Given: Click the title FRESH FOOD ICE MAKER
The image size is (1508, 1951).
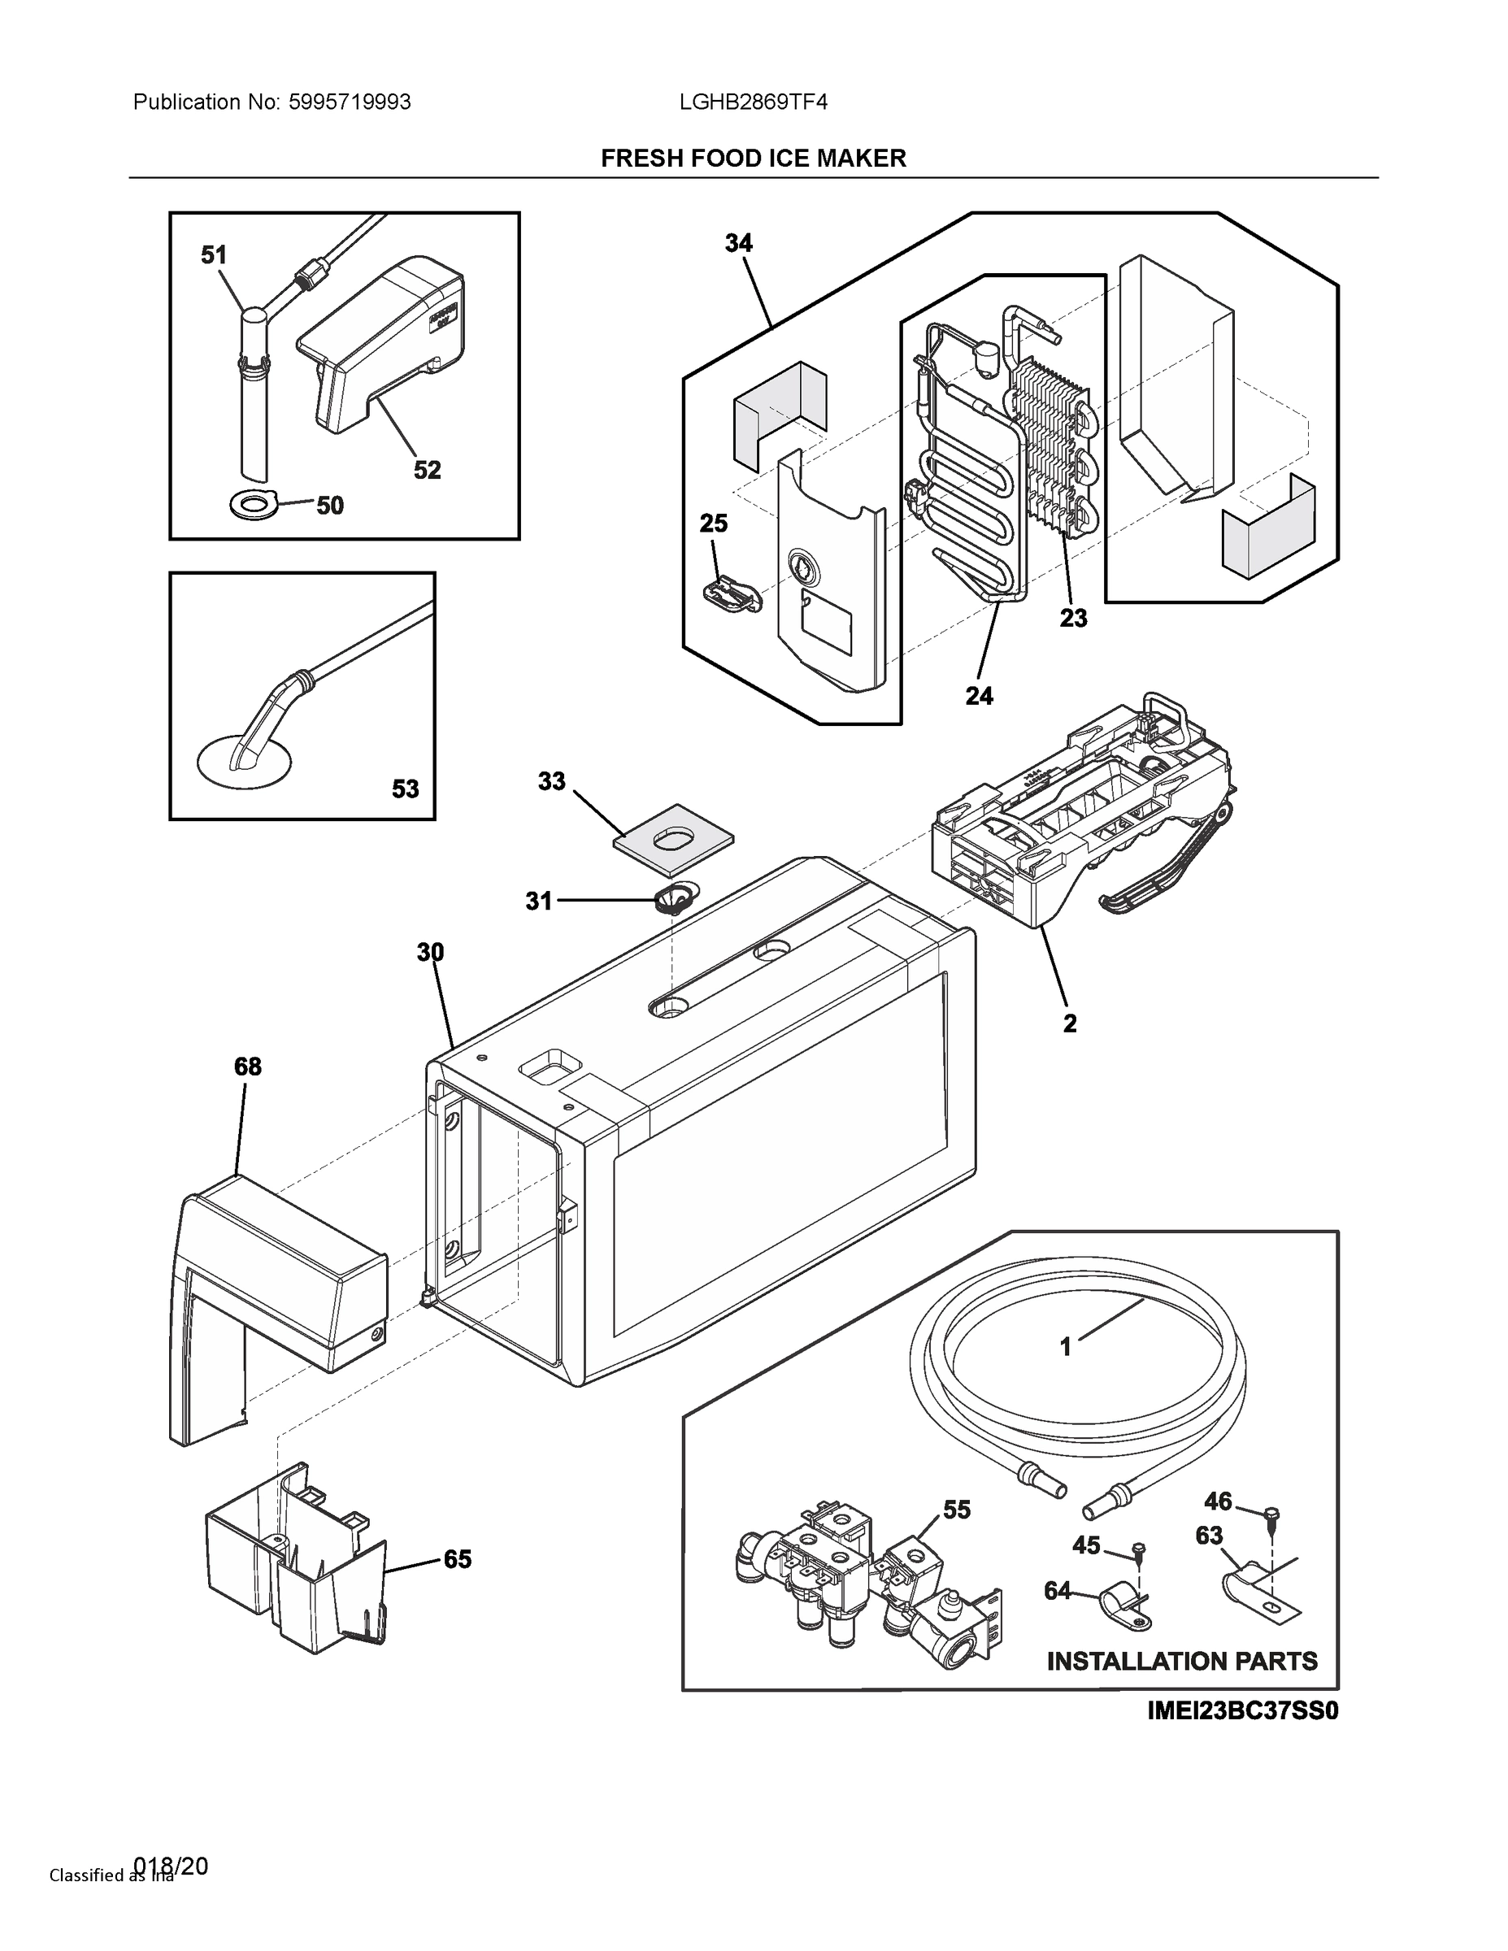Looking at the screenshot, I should (753, 159).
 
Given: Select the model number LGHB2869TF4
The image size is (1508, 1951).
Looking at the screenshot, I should (753, 102).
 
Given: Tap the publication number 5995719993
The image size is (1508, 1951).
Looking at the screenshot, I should (350, 102).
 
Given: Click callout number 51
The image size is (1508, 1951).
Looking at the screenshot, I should (214, 255).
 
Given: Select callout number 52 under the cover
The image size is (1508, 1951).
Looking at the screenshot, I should (427, 470).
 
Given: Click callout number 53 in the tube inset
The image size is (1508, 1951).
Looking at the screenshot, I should (405, 789).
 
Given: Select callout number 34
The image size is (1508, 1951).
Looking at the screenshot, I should (738, 243).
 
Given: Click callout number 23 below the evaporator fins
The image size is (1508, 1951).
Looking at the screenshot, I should (1073, 617).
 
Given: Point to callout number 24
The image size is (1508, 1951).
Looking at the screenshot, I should (979, 696).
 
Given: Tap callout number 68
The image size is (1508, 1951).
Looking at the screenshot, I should (247, 1067).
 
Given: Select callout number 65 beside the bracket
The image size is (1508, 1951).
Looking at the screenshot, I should (457, 1560).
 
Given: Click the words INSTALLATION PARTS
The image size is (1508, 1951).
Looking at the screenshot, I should (1181, 1662).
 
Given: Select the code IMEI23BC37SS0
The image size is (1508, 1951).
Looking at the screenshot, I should (1243, 1710).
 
